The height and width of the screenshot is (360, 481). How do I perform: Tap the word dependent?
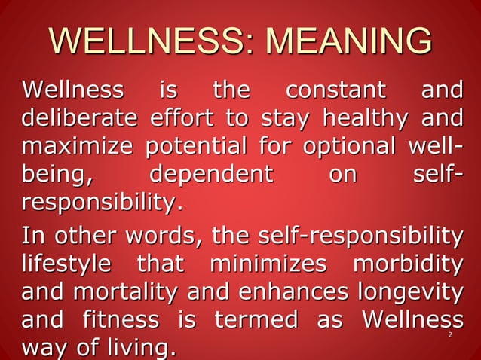tap(210, 175)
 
